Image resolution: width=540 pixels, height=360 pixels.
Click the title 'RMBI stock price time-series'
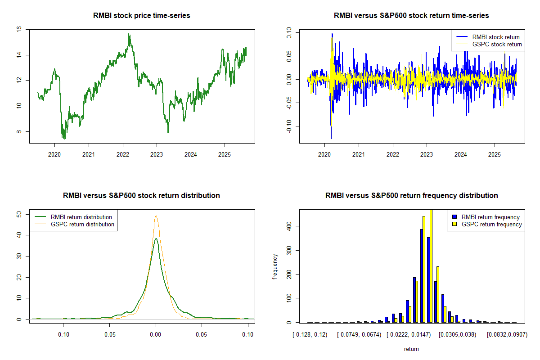pos(141,16)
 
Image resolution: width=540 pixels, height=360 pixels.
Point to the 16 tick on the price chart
pos(19,29)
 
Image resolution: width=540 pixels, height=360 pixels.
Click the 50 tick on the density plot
pos(19,215)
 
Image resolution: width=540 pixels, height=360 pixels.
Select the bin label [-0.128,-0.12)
pos(310,335)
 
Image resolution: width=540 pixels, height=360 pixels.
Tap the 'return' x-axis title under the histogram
pos(411,349)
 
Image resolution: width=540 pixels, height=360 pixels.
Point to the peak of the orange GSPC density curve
pos(156,216)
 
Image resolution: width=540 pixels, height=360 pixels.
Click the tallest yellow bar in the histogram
pos(431,265)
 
